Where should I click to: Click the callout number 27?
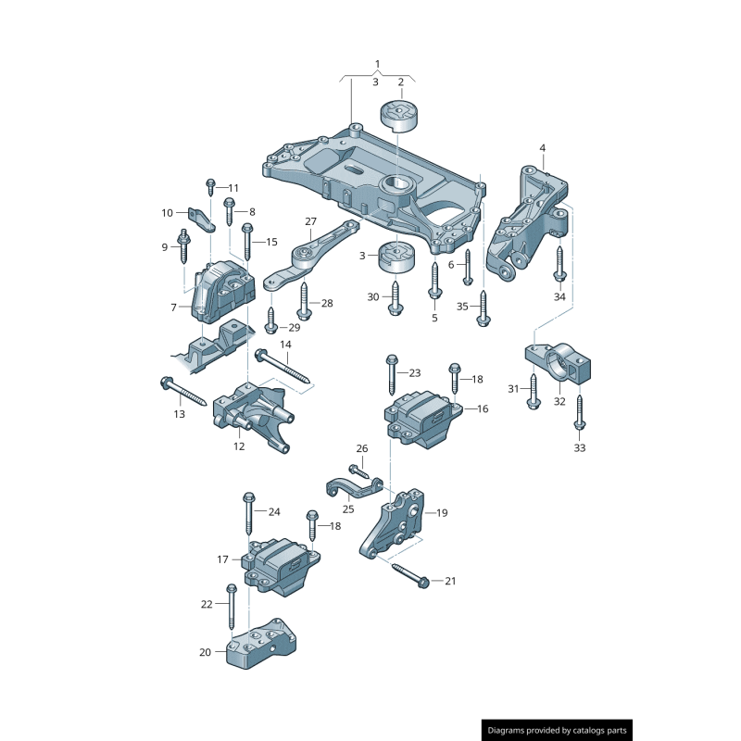click(x=310, y=221)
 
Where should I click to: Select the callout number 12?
click(x=239, y=446)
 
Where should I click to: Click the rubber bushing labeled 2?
click(x=400, y=119)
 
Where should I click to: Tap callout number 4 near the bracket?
click(x=543, y=148)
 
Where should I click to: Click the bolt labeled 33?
click(x=580, y=411)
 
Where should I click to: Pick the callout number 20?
click(x=205, y=652)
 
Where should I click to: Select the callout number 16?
click(x=483, y=408)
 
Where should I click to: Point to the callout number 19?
click(x=442, y=512)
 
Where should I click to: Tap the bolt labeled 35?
click(x=483, y=304)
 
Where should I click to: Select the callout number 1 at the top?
click(x=377, y=64)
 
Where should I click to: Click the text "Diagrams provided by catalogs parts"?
click(x=558, y=731)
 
